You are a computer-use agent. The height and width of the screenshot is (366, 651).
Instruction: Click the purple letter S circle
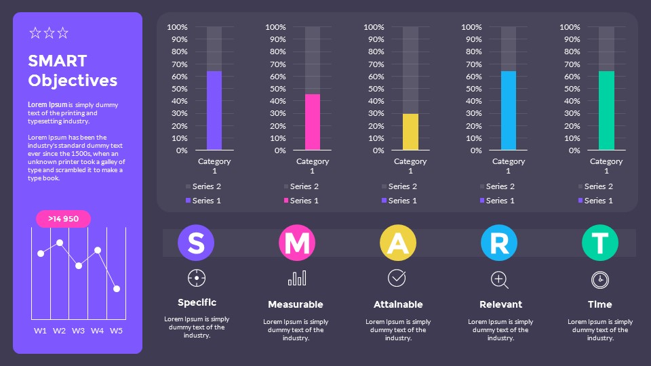[x=196, y=243]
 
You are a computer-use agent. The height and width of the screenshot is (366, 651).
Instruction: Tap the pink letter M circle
[x=297, y=243]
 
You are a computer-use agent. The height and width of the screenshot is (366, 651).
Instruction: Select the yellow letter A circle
[x=397, y=243]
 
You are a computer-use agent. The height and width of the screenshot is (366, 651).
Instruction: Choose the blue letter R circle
[x=499, y=243]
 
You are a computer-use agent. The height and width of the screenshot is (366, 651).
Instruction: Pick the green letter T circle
[x=600, y=243]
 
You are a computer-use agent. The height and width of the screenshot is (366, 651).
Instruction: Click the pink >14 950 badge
[x=63, y=219]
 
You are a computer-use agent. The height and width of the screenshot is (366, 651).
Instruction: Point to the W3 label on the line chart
[x=79, y=331]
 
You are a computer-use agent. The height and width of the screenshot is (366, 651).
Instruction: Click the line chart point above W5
[x=117, y=289]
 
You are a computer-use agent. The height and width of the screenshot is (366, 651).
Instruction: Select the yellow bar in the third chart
[x=410, y=132]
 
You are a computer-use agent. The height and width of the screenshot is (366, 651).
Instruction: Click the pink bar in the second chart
[x=313, y=122]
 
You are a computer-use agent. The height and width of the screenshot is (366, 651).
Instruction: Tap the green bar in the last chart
[x=606, y=110]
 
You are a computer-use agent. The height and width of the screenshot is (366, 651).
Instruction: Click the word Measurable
[x=296, y=304]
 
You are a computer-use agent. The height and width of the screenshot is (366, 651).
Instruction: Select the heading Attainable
[x=398, y=304]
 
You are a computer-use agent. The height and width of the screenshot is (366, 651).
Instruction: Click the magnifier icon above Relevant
[x=499, y=279]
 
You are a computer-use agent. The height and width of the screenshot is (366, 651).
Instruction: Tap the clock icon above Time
[x=599, y=279]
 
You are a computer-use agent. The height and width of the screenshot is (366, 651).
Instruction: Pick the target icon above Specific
[x=197, y=277]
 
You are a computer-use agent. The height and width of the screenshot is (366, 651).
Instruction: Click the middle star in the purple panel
[x=49, y=33]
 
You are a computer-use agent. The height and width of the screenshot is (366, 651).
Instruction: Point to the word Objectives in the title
[x=73, y=81]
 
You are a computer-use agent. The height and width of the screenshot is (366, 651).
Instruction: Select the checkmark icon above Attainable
[x=397, y=277]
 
